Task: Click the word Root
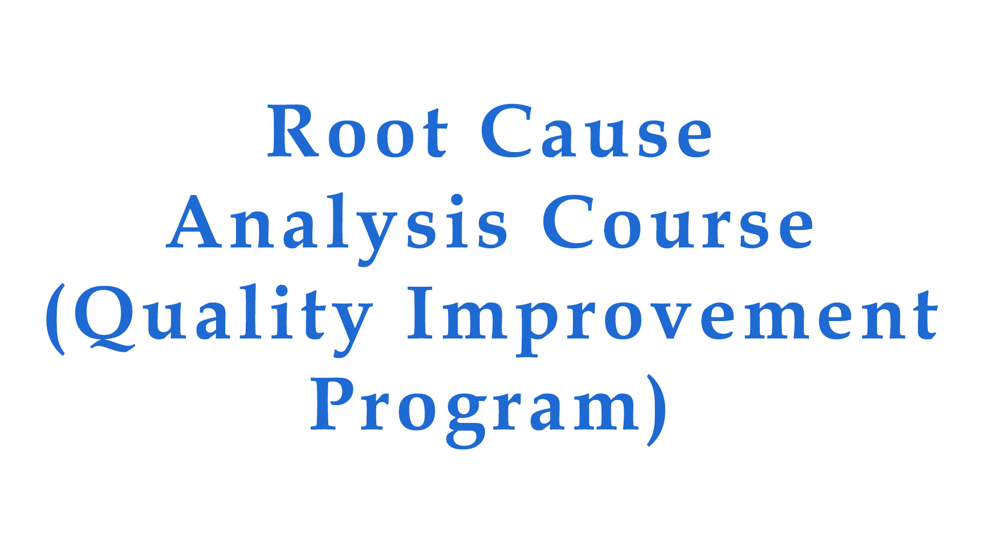[357, 132]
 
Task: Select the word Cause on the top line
[596, 132]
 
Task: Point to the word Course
[678, 223]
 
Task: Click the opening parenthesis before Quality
[55, 319]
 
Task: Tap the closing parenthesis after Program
[656, 410]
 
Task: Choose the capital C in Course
[568, 223]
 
